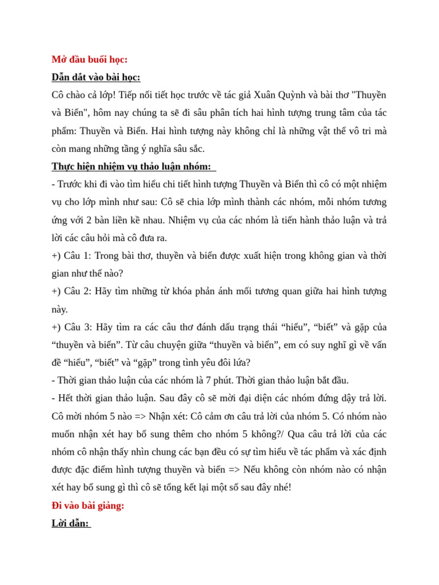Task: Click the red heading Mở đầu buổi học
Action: click(x=89, y=59)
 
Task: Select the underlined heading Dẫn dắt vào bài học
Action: click(x=95, y=77)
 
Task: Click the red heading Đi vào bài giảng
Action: click(x=87, y=506)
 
